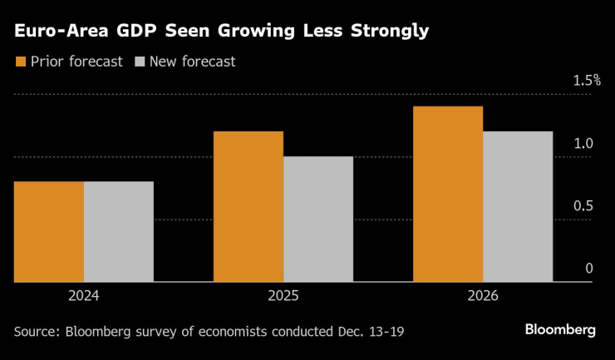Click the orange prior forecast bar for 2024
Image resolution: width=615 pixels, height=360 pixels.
point(49,232)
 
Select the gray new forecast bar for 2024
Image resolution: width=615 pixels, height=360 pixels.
point(119,232)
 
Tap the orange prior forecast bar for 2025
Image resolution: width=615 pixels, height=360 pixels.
point(248,207)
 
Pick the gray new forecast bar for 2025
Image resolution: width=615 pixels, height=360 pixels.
point(318,219)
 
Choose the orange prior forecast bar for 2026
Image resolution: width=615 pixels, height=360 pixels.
point(448,195)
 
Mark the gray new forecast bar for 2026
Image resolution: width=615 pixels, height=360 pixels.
point(518,207)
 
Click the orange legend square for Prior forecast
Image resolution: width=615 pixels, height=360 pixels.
point(20,61)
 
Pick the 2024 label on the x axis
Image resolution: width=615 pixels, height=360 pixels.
point(84,295)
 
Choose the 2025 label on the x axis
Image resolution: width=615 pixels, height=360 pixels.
point(283,295)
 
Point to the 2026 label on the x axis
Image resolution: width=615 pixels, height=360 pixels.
point(483,295)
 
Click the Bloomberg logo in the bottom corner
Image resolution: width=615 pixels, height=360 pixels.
point(560,330)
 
